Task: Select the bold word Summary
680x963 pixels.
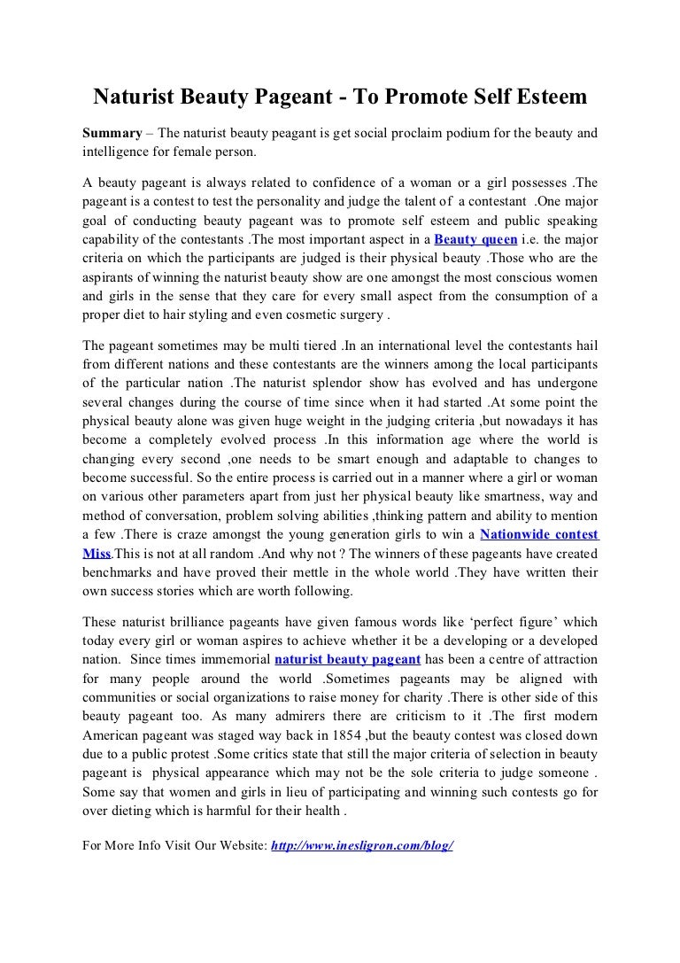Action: click(112, 133)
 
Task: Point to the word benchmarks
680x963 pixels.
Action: click(118, 571)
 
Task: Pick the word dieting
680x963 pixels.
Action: click(135, 810)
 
